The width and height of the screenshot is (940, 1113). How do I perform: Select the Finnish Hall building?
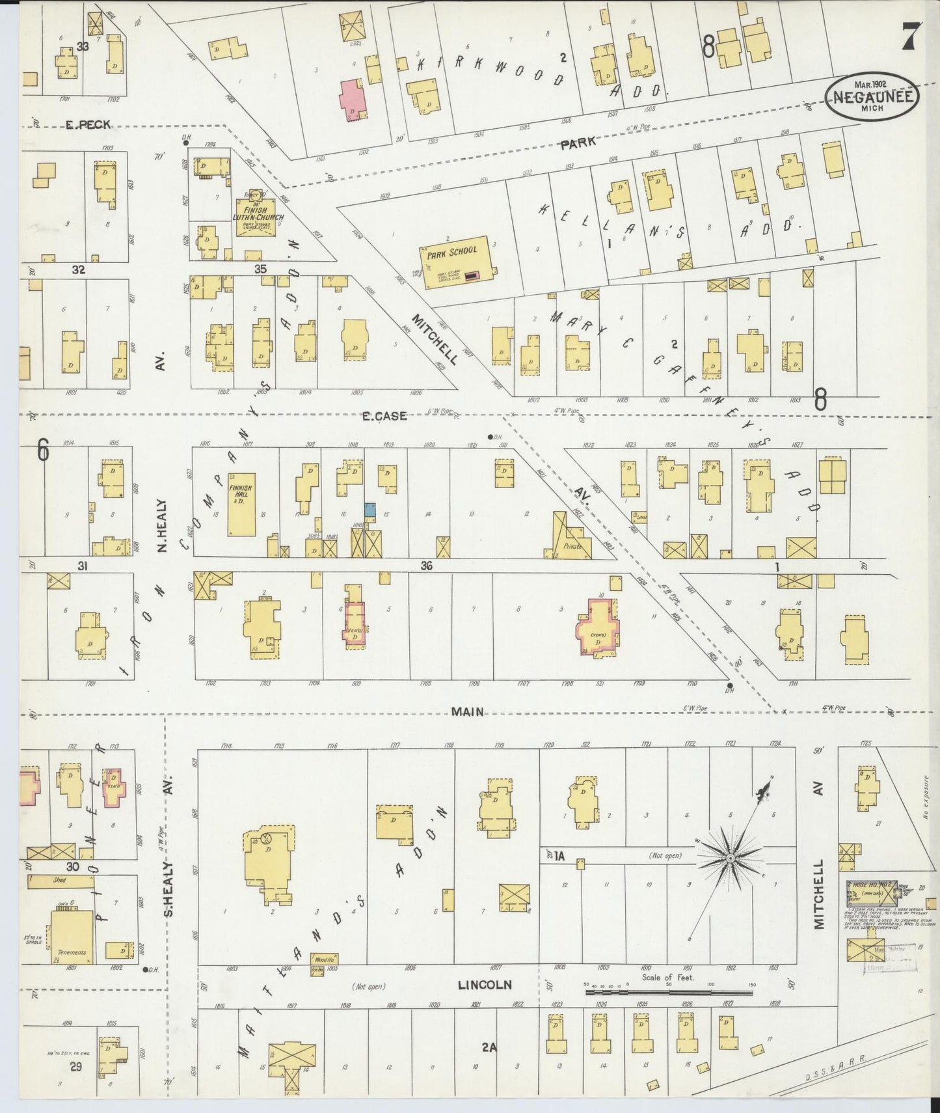pyautogui.click(x=241, y=503)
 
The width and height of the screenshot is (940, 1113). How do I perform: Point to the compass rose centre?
pyautogui.click(x=730, y=859)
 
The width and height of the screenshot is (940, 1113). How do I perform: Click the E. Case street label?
pyautogui.click(x=384, y=415)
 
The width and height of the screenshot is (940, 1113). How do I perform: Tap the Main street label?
pyautogui.click(x=468, y=712)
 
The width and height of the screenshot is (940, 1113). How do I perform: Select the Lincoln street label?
pyautogui.click(x=485, y=985)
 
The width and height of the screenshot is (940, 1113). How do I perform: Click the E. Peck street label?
pyautogui.click(x=88, y=124)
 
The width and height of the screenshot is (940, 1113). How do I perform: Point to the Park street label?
pyautogui.click(x=578, y=143)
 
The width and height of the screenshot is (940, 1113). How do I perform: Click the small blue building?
pyautogui.click(x=370, y=510)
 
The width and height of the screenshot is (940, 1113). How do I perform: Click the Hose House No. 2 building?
pyautogui.click(x=871, y=893)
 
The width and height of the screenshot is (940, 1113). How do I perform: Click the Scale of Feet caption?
pyautogui.click(x=667, y=977)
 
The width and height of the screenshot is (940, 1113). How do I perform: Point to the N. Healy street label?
pyautogui.click(x=163, y=526)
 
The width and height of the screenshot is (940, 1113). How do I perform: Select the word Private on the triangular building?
pyautogui.click(x=571, y=547)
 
